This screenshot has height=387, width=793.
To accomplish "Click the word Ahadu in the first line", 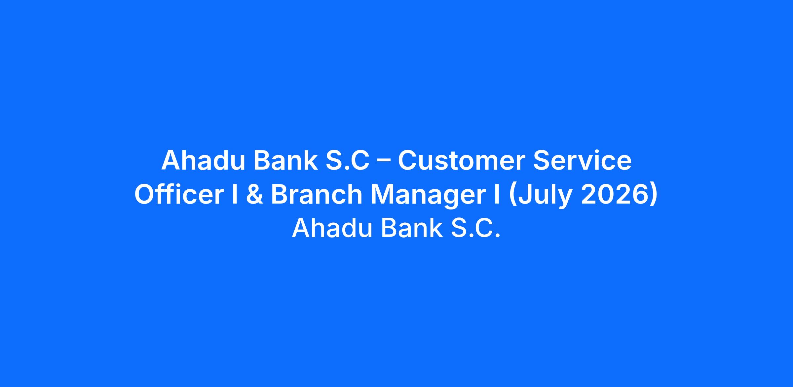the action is point(201,161).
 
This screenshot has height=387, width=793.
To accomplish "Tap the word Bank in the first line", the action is point(285,161).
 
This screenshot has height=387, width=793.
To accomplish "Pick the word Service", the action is point(582,161).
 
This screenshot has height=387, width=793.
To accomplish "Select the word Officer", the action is point(179,194).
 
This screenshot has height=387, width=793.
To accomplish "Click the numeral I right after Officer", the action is point(235,194).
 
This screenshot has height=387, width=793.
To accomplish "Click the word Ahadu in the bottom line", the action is point(332,228).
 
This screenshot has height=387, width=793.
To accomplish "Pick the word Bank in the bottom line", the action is point(412,228).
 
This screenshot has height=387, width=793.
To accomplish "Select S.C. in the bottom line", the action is point(476,228).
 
